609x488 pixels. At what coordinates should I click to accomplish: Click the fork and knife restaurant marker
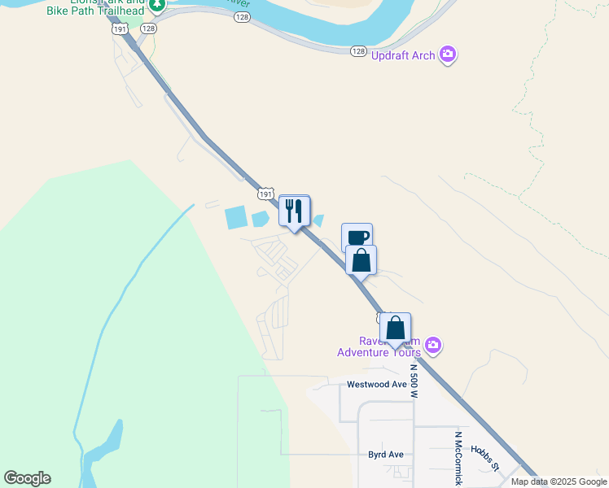[294, 211]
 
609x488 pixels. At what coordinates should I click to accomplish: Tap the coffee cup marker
[357, 237]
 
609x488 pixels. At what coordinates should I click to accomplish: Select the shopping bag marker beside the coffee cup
[361, 261]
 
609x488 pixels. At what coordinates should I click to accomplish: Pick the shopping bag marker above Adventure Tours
[395, 329]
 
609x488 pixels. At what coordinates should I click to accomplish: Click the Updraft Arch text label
[402, 55]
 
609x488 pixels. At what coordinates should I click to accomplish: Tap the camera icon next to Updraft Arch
[447, 54]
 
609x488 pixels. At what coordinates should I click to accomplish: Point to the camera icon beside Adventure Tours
[433, 346]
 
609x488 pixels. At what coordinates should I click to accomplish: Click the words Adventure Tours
[379, 352]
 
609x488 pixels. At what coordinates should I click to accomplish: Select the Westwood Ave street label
[376, 384]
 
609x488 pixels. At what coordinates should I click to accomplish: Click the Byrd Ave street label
[387, 455]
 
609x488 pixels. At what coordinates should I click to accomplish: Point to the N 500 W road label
[414, 380]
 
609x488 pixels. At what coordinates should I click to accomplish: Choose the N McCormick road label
[458, 458]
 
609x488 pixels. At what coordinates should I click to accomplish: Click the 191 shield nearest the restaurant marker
[265, 194]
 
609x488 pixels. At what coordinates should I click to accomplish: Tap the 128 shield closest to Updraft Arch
[358, 50]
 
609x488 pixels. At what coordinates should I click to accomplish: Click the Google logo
[27, 478]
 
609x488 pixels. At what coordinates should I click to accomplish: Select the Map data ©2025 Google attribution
[559, 481]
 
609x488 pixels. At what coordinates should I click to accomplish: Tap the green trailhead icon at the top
[157, 5]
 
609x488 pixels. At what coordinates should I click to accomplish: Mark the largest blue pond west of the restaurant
[234, 217]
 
